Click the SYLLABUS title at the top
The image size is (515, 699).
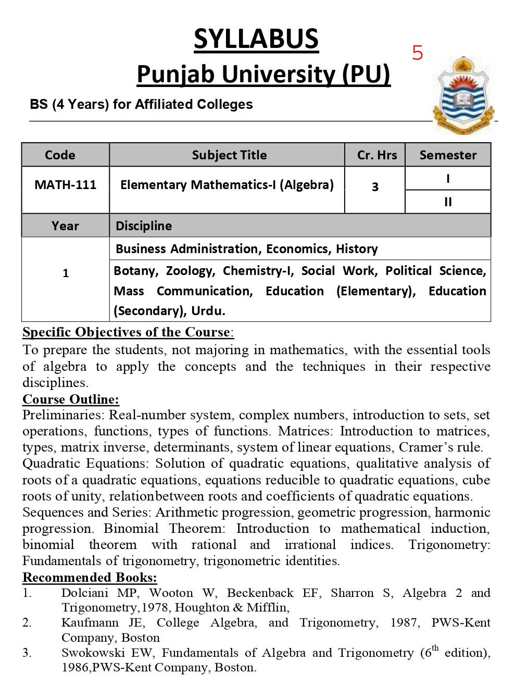256,40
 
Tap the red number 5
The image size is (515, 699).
418,53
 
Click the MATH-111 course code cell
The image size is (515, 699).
65,185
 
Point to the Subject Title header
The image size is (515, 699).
229,155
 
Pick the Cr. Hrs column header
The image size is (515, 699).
377,155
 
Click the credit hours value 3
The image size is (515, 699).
375,187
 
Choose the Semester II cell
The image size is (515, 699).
448,202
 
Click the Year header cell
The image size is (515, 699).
65,226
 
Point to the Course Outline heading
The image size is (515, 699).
71,400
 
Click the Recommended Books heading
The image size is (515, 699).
90,578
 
